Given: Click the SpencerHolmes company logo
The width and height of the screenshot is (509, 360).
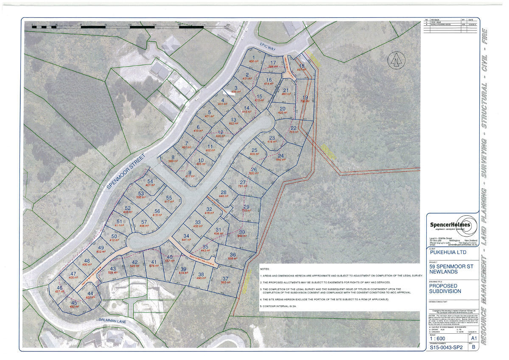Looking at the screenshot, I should point(451,225).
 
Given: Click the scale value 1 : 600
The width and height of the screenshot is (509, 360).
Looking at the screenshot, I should point(439,338).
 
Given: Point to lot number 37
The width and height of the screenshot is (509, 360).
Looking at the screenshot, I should point(225,278).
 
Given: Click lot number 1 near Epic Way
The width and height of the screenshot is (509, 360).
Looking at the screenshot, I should point(254,58).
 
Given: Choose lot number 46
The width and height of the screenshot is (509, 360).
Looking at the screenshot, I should point(59,288).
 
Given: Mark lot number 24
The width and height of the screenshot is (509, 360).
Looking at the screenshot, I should point(280,156).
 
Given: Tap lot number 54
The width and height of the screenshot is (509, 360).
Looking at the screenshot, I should point(150,181).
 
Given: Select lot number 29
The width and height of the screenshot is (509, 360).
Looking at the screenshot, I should point(246,207).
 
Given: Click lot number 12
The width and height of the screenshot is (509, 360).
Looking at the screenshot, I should point(220,132).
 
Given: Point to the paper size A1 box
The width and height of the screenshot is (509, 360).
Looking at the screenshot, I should point(473,338).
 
